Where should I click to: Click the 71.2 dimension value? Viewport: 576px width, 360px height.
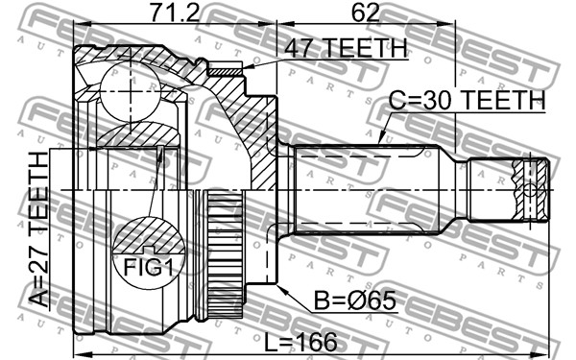click(x=175, y=12)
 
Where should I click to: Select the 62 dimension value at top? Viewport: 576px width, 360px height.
click(x=365, y=12)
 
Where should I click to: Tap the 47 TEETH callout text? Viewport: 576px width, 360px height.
click(x=347, y=49)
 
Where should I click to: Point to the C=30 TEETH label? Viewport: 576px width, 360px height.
click(x=467, y=100)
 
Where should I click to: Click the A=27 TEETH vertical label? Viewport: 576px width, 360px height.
click(x=38, y=229)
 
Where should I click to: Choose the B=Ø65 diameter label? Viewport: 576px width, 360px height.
click(x=355, y=300)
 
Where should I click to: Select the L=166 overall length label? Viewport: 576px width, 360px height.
click(x=300, y=342)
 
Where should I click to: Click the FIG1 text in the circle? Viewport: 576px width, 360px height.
click(x=149, y=267)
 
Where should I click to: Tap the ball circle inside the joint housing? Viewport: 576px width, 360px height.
click(x=130, y=92)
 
